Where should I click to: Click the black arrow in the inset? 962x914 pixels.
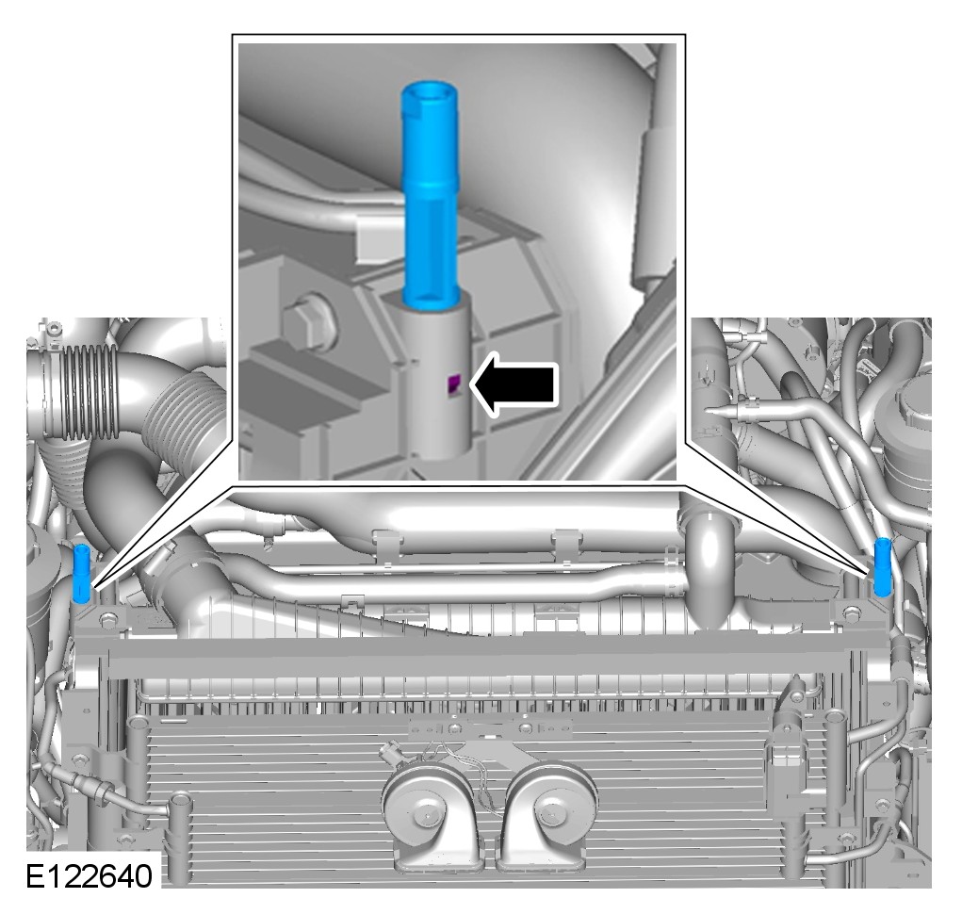coord(515,384)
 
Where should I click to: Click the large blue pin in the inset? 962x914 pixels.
coord(430,192)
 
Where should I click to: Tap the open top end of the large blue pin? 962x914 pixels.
coord(429,90)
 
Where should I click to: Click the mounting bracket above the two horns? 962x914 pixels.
coord(490,728)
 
